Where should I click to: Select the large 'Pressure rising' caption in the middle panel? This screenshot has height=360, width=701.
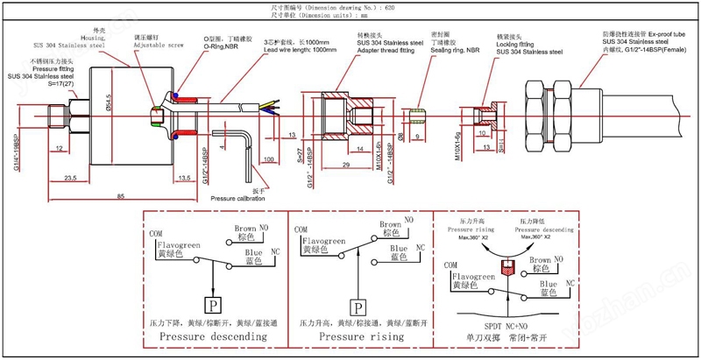click(360, 335)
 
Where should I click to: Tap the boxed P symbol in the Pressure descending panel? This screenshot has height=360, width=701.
click(212, 306)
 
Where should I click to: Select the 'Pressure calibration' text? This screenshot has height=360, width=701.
click(235, 199)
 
